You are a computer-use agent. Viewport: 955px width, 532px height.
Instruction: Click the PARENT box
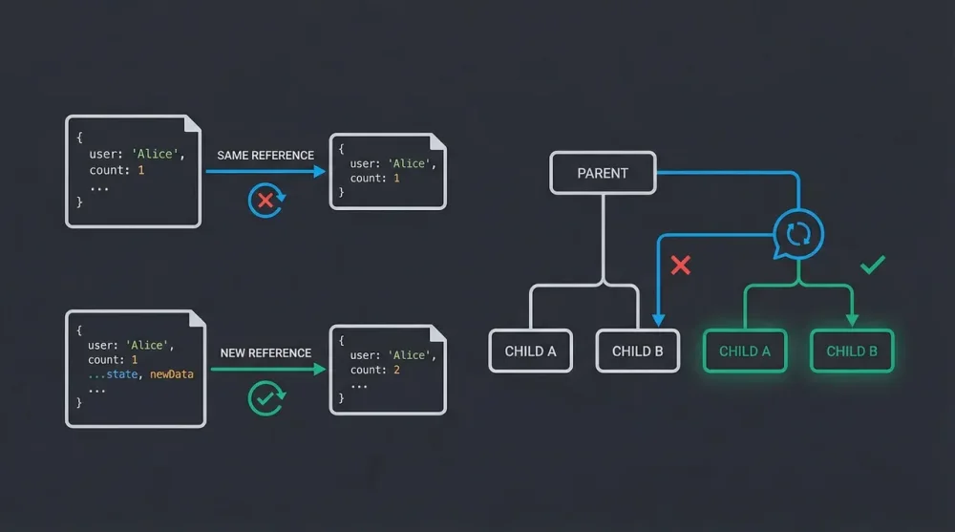coord(603,173)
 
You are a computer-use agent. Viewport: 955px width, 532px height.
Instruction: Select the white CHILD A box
coord(530,351)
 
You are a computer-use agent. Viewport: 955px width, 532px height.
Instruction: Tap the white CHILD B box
coord(637,351)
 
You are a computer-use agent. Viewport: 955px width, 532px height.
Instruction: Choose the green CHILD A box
coord(744,351)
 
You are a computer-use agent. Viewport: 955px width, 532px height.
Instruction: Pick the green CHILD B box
coord(852,351)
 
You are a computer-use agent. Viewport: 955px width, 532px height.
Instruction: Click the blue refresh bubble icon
coord(797,233)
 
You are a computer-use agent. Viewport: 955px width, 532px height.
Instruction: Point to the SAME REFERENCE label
coord(265,155)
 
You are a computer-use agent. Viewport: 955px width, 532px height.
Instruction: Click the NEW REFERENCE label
coord(265,352)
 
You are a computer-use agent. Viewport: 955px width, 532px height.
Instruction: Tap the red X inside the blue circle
coord(265,200)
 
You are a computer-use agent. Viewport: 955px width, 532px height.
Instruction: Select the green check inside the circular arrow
coord(265,398)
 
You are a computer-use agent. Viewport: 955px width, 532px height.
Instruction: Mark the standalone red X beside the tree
coord(680,266)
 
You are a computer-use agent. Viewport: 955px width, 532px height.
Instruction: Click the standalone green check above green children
coord(872,265)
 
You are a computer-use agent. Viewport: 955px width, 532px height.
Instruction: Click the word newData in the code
coord(172,374)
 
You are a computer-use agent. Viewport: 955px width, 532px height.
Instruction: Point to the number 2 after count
coord(396,370)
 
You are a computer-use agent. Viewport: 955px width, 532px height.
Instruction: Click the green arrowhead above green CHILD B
coord(852,320)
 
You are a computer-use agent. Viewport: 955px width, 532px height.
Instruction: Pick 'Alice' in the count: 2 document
coord(412,355)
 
